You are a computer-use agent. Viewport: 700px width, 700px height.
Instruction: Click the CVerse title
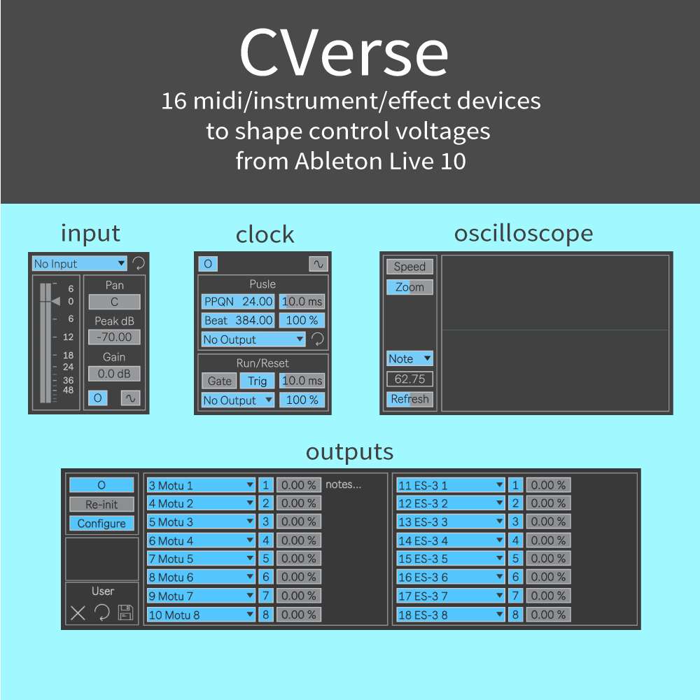click(x=344, y=52)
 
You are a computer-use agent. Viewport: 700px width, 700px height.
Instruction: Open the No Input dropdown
click(x=80, y=263)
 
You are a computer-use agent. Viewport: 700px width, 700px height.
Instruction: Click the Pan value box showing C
click(x=114, y=302)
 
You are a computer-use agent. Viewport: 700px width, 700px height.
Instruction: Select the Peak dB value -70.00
click(x=114, y=337)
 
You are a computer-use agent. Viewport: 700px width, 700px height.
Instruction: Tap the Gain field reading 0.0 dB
click(x=114, y=374)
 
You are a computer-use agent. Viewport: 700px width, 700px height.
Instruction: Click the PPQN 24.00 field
click(x=238, y=302)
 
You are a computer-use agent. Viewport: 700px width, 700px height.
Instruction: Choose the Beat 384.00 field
click(x=238, y=321)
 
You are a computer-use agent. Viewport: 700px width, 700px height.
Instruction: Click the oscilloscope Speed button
click(x=409, y=267)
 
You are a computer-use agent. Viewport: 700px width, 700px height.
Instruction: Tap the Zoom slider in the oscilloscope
click(x=409, y=287)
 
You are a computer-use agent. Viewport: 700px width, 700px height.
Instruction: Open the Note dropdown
click(x=409, y=358)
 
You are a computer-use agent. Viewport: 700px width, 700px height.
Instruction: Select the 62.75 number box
click(x=409, y=379)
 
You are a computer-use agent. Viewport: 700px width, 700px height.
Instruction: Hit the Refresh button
click(x=409, y=399)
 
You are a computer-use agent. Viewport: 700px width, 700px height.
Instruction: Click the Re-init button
click(x=101, y=505)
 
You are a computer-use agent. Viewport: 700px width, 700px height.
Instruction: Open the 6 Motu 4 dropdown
click(x=201, y=540)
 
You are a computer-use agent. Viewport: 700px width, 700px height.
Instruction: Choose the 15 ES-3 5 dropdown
click(x=450, y=559)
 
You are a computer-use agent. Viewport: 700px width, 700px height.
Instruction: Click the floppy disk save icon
click(x=125, y=612)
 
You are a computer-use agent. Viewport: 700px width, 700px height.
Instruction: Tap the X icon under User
click(x=78, y=613)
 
